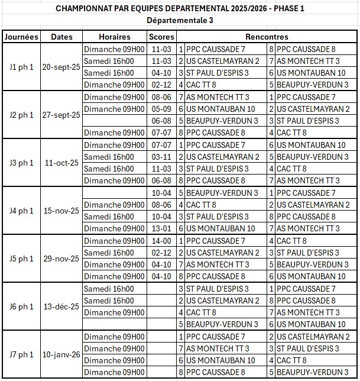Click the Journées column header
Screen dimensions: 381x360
(x=21, y=37)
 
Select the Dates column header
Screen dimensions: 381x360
(x=61, y=37)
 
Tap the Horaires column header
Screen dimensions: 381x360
(x=115, y=37)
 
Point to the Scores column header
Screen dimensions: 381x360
(x=161, y=37)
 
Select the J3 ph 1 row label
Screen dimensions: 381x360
(x=21, y=163)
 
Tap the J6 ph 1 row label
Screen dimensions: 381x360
(x=21, y=306)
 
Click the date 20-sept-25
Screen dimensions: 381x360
(x=61, y=67)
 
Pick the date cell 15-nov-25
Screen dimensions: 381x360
(x=61, y=211)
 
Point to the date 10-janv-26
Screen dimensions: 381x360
(x=61, y=354)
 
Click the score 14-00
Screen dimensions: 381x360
(x=161, y=241)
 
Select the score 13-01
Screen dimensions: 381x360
(x=161, y=228)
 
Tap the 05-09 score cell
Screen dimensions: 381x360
(x=161, y=109)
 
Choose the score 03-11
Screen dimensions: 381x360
(x=161, y=157)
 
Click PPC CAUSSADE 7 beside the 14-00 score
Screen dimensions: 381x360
(x=215, y=241)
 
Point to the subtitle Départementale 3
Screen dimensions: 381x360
(x=180, y=20)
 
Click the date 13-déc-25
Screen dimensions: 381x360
(x=61, y=306)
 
